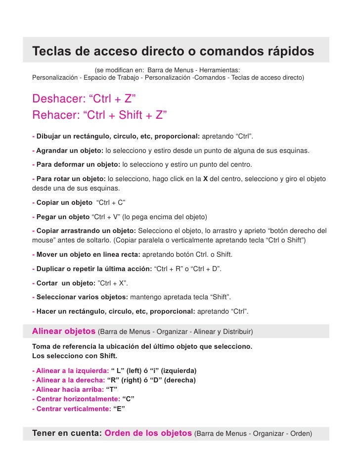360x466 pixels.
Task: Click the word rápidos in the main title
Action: pyautogui.click(x=286, y=52)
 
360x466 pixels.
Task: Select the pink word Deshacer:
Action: pyautogui.click(x=56, y=99)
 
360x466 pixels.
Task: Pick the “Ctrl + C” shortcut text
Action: pyautogui.click(x=111, y=203)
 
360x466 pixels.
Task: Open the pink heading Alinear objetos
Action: pyautogui.click(x=64, y=330)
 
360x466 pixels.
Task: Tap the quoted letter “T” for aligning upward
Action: pyautogui.click(x=112, y=390)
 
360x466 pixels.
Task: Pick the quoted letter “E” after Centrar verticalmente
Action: pyautogui.click(x=119, y=409)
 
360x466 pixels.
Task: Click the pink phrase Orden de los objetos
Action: pyautogui.click(x=148, y=433)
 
